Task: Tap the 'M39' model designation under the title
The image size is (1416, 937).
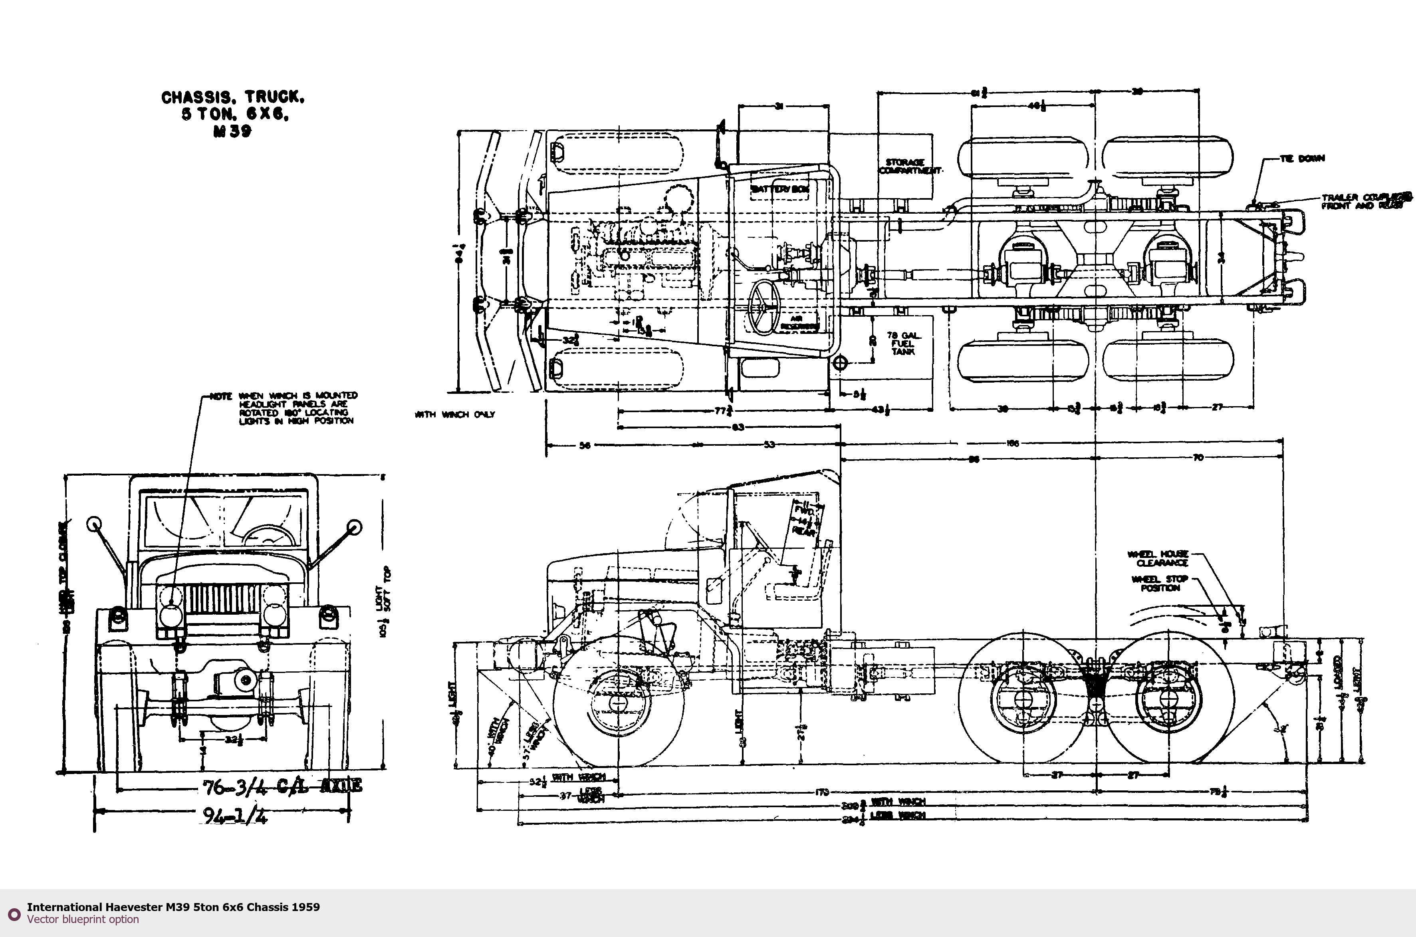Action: [x=232, y=131]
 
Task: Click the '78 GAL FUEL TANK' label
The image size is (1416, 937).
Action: [x=902, y=343]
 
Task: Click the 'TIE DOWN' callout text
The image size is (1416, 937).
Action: [x=1303, y=158]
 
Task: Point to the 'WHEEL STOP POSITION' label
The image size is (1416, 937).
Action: [x=1160, y=583]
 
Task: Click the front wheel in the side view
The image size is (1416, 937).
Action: [x=619, y=702]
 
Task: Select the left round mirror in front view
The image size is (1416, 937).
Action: [x=94, y=524]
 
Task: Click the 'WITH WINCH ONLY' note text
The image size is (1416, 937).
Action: [x=455, y=415]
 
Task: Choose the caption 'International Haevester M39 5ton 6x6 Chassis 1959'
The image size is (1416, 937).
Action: [x=173, y=907]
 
